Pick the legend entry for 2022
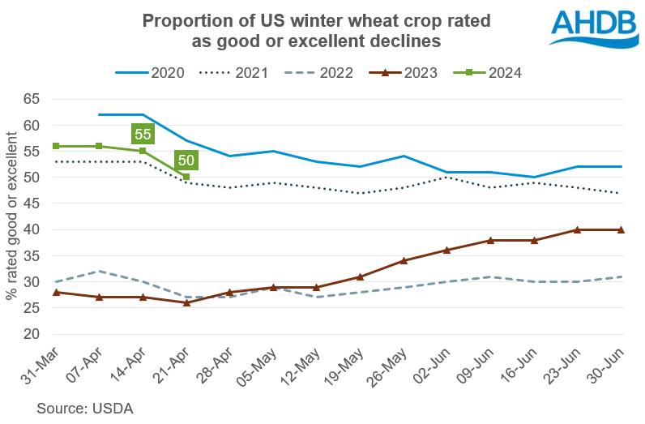(x=319, y=73)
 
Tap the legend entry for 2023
(x=403, y=73)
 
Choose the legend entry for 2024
(x=486, y=73)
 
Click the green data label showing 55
(x=143, y=134)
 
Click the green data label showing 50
(x=186, y=160)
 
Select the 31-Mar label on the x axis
(x=37, y=366)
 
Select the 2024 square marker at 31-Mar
(x=56, y=146)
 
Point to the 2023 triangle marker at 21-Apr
(x=186, y=302)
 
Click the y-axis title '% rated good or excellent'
(x=11, y=216)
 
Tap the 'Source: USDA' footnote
(x=84, y=409)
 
